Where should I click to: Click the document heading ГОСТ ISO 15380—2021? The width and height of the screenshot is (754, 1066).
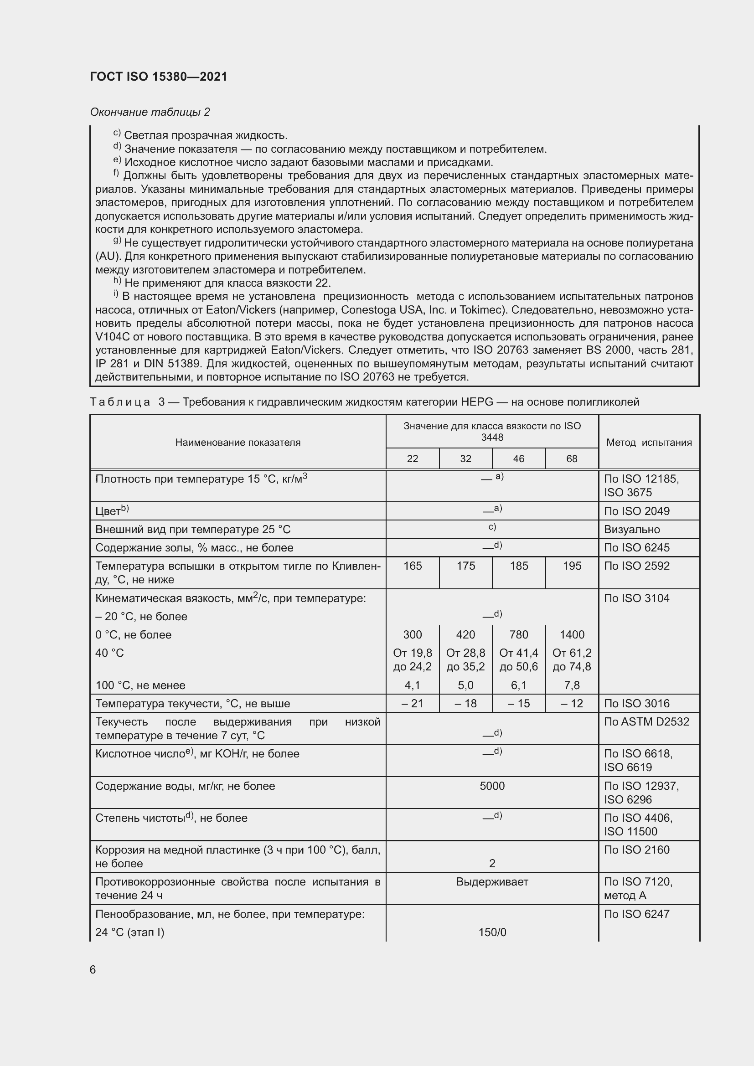158,77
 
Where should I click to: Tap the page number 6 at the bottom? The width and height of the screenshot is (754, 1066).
93,969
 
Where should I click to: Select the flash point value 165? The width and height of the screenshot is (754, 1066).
412,566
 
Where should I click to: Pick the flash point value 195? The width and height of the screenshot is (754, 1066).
572,566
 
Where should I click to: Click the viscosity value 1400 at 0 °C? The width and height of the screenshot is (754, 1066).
572,634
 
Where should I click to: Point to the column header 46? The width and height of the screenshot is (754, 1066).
518,459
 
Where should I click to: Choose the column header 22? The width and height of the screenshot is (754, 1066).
412,459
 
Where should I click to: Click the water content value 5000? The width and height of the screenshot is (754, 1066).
492,786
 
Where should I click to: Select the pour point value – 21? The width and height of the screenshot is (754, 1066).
412,703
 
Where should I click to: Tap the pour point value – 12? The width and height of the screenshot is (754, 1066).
572,703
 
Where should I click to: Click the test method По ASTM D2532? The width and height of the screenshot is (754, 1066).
646,721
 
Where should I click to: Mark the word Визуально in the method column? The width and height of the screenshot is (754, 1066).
631,529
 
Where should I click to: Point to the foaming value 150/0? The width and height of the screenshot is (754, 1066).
492,932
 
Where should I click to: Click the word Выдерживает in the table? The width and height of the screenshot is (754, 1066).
492,881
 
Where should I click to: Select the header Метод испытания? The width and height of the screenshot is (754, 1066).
649,443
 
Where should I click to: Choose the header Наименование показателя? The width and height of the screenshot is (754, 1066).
238,443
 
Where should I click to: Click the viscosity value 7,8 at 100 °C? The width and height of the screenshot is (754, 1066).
572,685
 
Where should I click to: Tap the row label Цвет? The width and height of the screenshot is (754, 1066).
108,511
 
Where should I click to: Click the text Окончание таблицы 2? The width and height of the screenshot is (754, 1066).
150,112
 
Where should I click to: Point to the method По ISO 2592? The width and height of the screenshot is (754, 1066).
636,566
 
